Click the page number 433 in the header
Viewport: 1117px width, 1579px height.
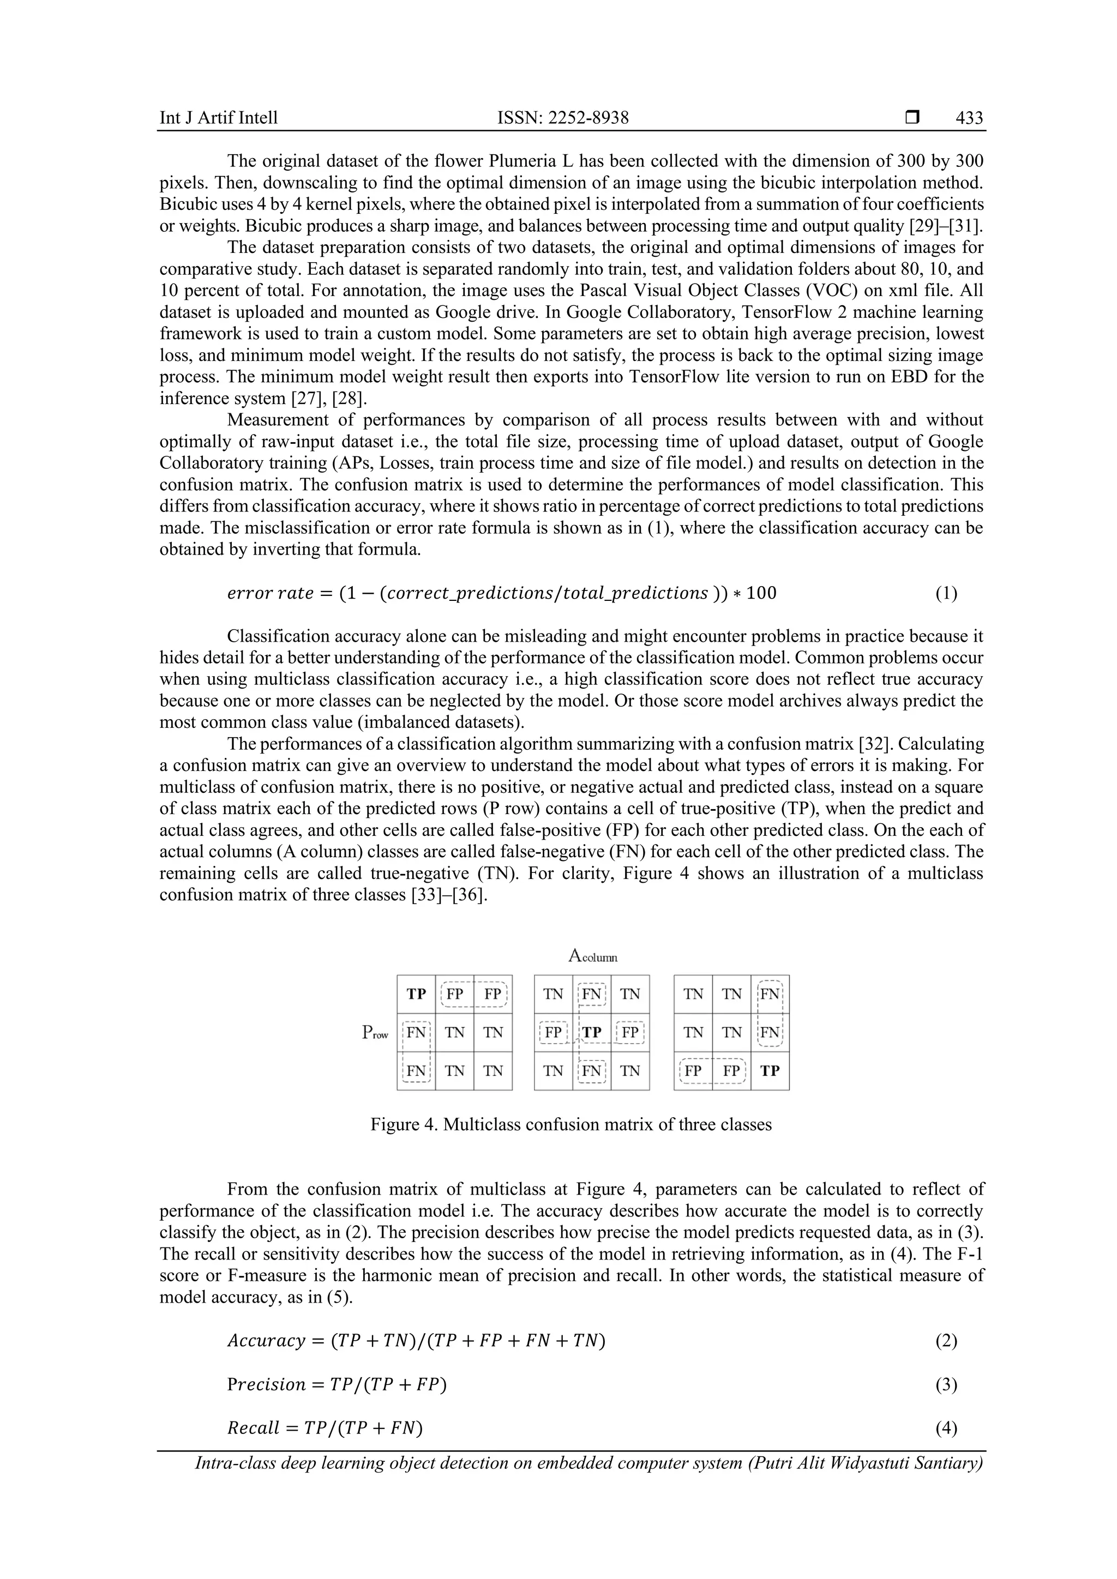[969, 118]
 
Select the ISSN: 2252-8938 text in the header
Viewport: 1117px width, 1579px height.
[563, 118]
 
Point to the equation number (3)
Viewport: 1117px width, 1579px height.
[946, 1384]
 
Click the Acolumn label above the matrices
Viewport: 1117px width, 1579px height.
[592, 955]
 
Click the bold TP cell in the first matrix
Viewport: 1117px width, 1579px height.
[416, 995]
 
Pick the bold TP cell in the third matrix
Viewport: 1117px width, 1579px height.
[770, 1071]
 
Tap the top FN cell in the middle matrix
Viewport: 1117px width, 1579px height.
[592, 995]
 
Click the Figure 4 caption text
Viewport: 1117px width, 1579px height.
[571, 1124]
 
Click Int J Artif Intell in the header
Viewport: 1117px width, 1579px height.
[219, 118]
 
